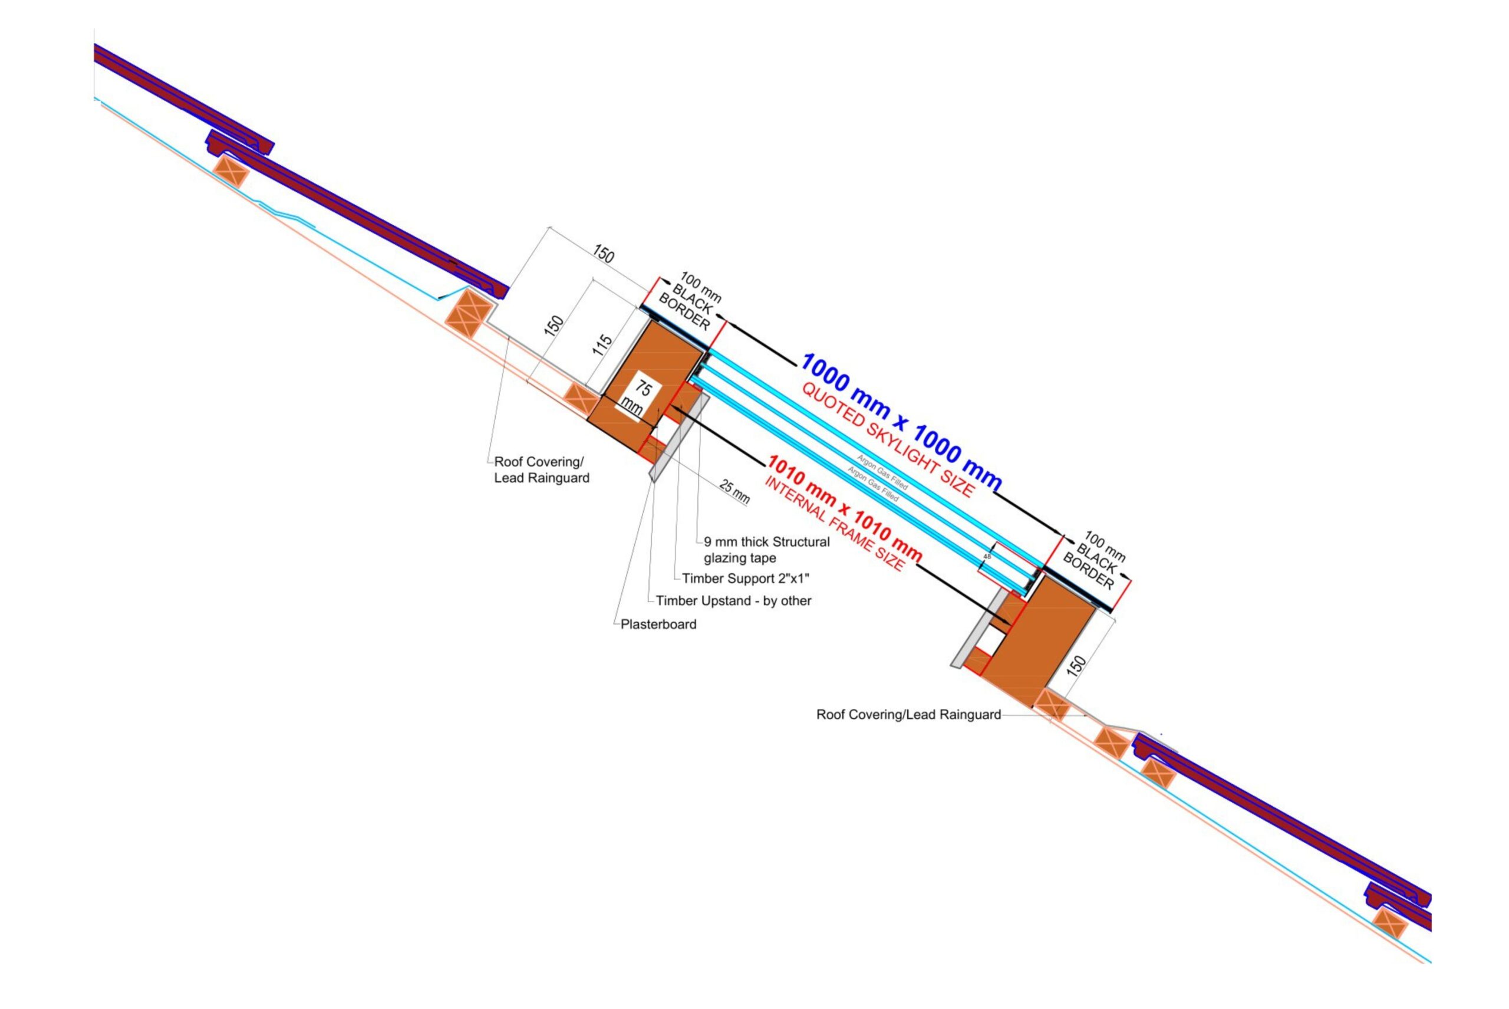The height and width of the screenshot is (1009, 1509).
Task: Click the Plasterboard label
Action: pyautogui.click(x=658, y=624)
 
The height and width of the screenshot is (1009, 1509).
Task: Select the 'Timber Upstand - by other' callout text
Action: pyautogui.click(x=733, y=601)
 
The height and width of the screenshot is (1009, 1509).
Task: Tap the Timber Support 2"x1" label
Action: pyautogui.click(x=745, y=579)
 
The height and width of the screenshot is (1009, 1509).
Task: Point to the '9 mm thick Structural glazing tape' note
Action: pyautogui.click(x=766, y=550)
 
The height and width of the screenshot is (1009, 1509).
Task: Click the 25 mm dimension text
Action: pyautogui.click(x=734, y=492)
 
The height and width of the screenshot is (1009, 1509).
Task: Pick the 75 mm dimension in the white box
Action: pyautogui.click(x=637, y=397)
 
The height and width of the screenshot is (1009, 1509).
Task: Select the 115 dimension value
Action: pyautogui.click(x=602, y=346)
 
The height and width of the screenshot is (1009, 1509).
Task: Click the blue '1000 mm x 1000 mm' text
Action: pyautogui.click(x=901, y=422)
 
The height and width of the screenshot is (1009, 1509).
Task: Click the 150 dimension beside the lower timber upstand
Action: pyautogui.click(x=1076, y=665)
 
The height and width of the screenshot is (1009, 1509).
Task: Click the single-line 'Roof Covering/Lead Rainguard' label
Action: pyautogui.click(x=908, y=714)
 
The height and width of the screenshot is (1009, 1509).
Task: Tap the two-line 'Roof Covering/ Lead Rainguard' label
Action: pyautogui.click(x=541, y=470)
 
